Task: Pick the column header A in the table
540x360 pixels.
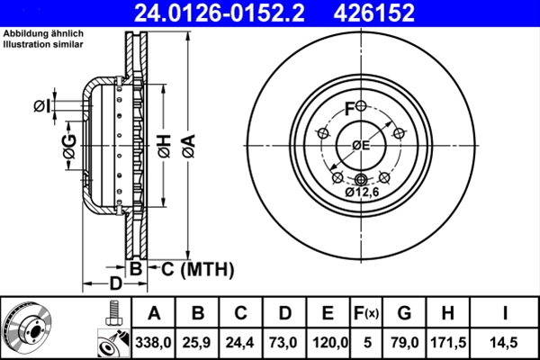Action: click(154, 313)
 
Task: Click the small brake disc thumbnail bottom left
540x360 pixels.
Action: click(27, 328)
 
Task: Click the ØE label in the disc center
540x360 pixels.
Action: click(361, 146)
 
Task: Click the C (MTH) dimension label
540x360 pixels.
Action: click(190, 268)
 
